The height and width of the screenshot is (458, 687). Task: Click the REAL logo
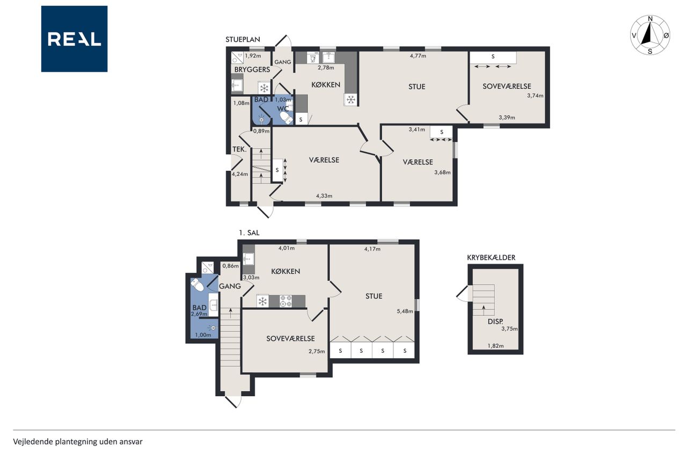tap(74, 39)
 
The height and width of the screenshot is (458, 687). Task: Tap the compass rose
tap(650, 35)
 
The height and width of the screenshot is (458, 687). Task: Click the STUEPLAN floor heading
tap(243, 40)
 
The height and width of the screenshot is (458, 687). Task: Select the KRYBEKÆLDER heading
tap(491, 258)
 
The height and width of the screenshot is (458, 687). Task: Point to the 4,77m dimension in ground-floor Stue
tap(418, 56)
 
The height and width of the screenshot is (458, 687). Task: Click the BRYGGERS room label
tap(252, 70)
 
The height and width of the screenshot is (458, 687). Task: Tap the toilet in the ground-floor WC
tap(286, 118)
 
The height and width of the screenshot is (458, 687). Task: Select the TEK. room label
tap(239, 149)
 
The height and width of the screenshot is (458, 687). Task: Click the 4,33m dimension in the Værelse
tap(324, 196)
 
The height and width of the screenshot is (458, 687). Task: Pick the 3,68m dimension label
tap(442, 172)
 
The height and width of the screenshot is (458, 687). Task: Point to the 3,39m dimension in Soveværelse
tap(507, 118)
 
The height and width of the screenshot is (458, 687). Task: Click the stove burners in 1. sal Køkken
tap(286, 301)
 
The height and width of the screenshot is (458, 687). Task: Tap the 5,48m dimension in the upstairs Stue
tap(405, 311)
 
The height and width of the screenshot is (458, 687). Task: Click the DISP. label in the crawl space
tap(495, 322)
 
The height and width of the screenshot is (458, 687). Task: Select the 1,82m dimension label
tap(495, 346)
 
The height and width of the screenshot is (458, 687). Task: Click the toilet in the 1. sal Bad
tap(197, 285)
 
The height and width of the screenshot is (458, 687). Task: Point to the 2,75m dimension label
tap(317, 351)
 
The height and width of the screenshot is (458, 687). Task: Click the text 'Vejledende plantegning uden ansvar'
tap(78, 442)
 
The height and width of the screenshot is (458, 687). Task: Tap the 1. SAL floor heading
tap(249, 233)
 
